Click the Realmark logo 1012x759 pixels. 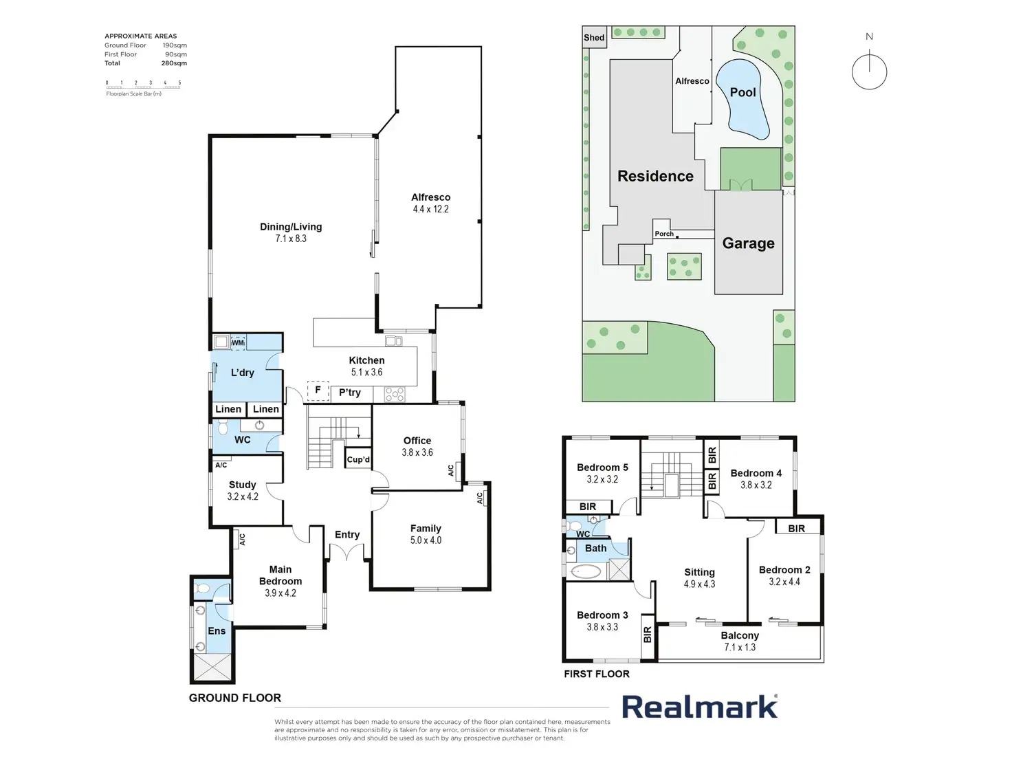(x=700, y=707)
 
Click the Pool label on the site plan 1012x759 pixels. (x=742, y=92)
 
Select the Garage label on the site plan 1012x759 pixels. (x=748, y=243)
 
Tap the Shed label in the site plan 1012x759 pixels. (x=594, y=38)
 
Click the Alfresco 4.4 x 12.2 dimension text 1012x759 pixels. (x=430, y=209)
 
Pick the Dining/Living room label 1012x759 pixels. (x=291, y=227)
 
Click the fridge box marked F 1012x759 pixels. (x=318, y=390)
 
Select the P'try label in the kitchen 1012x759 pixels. (x=349, y=393)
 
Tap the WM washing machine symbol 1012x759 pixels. (x=237, y=342)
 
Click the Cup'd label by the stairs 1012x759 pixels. (x=358, y=460)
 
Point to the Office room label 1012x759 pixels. (x=417, y=441)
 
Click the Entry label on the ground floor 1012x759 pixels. (x=347, y=535)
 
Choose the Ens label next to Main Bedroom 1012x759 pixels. (x=217, y=631)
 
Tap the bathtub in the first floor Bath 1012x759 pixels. (x=586, y=571)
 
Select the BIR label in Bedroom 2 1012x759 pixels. (x=796, y=529)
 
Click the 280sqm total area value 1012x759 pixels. (x=174, y=63)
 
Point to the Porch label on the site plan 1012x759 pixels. (x=664, y=234)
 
